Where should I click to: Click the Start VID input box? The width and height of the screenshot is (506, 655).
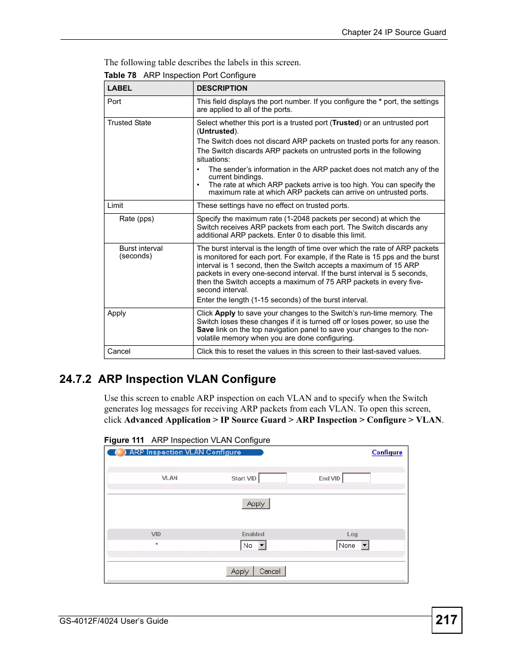pos(273,478)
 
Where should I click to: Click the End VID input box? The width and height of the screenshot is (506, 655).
pos(356,478)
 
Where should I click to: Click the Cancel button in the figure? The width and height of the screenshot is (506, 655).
pos(270,571)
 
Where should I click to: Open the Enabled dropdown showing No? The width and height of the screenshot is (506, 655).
pos(254,545)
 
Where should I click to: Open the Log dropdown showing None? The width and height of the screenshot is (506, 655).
pos(352,545)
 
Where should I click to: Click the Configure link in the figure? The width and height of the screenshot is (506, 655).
pos(387,452)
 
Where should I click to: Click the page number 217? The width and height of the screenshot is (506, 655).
pos(447,620)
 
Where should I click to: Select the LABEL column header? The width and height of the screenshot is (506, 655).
pos(120,88)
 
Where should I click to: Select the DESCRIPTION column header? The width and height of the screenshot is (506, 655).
pos(222,88)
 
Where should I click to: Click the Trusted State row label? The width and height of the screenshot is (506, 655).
pos(129,123)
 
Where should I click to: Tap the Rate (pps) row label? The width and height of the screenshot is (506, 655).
pos(136,219)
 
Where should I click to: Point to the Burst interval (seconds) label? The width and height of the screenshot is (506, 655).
pos(141,252)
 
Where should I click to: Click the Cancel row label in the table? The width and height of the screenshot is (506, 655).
pos(119,351)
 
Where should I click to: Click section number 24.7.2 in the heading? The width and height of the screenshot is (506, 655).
pos(75,379)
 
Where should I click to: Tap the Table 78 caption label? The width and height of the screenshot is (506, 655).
pos(120,75)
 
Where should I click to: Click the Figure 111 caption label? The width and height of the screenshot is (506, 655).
pos(124,440)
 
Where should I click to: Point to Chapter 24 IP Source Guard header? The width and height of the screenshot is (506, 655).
pos(394,32)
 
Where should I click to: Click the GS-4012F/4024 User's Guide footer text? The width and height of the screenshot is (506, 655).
pos(114,621)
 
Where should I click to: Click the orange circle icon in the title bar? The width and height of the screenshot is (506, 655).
pos(120,452)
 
